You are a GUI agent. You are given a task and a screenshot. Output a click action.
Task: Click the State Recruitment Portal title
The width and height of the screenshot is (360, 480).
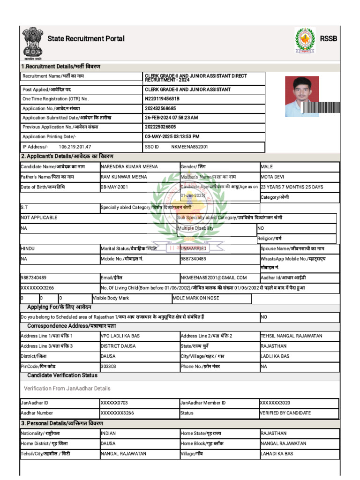tap(86, 38)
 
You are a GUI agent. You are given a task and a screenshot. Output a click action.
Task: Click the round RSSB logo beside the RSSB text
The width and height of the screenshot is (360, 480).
tap(305, 40)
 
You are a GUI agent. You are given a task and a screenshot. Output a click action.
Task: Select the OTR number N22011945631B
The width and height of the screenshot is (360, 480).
tap(162, 99)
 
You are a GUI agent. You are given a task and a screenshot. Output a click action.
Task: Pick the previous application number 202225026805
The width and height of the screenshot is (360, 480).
tap(160, 127)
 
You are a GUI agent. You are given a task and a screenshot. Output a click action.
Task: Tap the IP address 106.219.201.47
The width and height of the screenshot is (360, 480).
tap(75, 147)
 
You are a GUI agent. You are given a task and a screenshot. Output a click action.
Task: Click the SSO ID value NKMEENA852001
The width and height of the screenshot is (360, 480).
tap(189, 147)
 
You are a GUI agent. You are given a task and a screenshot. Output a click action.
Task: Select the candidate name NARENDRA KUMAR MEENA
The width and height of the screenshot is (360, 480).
tap(129, 167)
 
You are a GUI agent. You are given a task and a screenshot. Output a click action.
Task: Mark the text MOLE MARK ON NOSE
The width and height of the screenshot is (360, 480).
tap(195, 298)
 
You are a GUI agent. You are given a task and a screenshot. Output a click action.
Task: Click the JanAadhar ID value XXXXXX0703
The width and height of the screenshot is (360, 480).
tap(114, 403)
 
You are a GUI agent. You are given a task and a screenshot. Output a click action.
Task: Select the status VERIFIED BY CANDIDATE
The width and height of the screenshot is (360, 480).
tap(285, 413)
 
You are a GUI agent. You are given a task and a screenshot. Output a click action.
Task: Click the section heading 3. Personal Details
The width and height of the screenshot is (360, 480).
tap(62, 423)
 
